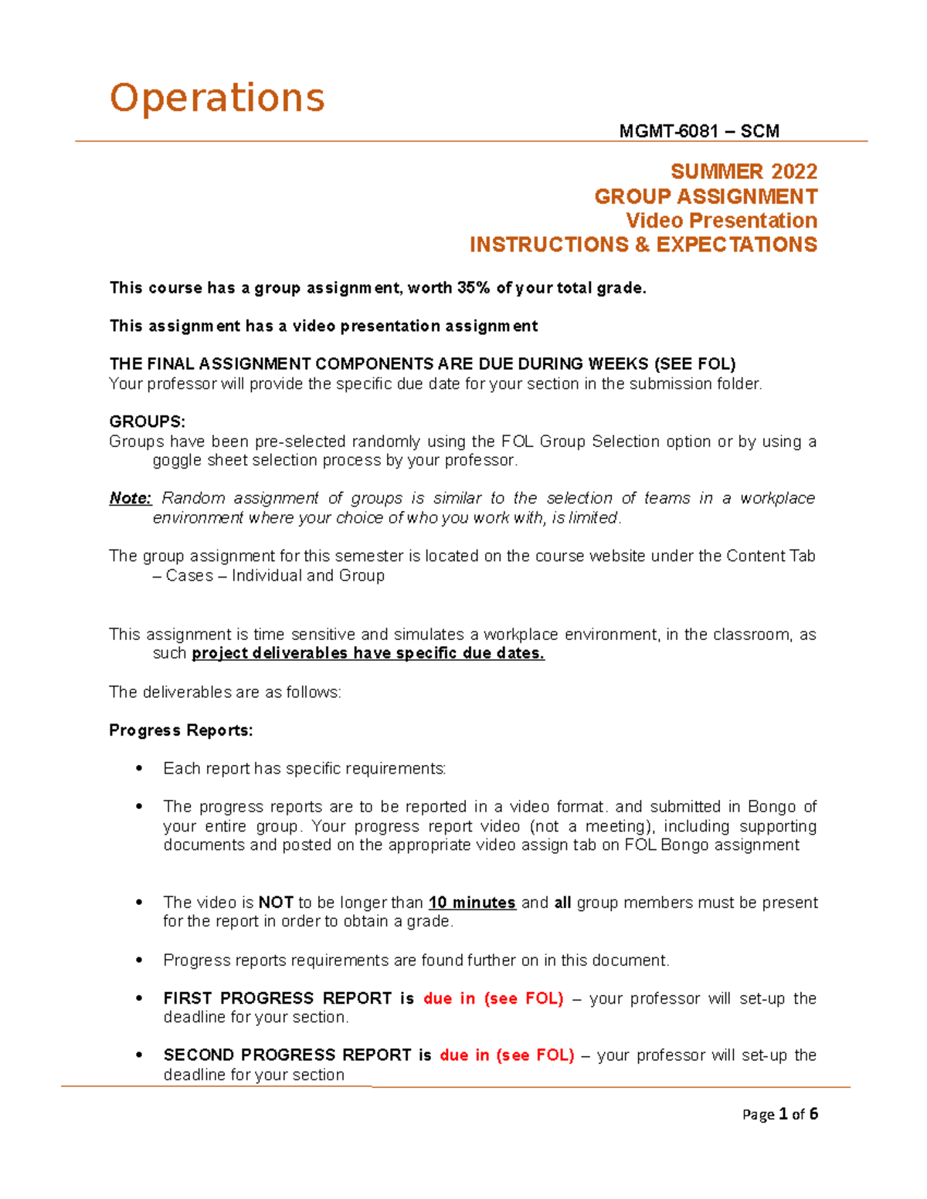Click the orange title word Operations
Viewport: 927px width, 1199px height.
(217, 99)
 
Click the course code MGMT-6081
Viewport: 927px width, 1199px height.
(669, 131)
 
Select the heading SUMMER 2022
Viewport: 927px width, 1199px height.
(743, 171)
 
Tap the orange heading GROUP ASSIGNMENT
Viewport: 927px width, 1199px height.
(705, 196)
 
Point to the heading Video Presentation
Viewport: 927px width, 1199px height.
(721, 221)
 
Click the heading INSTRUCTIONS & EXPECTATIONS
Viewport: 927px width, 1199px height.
(643, 245)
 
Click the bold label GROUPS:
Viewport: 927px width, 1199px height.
(147, 422)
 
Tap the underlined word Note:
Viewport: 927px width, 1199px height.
(131, 499)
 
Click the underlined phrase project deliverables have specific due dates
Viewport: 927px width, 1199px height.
(368, 653)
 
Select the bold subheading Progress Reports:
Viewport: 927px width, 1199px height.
(181, 730)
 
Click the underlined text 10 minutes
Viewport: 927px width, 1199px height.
(472, 903)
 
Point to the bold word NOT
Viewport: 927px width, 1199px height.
(275, 903)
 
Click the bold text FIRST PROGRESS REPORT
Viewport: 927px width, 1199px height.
(277, 998)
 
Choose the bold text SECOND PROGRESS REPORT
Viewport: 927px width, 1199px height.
(287, 1055)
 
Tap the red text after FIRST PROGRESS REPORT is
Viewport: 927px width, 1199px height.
(493, 998)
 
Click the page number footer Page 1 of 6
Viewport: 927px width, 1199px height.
(779, 1114)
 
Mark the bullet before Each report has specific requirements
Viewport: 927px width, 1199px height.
(139, 768)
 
